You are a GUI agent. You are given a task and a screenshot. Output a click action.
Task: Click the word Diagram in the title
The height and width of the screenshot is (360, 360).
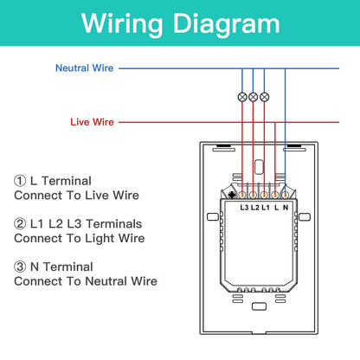(x=226, y=24)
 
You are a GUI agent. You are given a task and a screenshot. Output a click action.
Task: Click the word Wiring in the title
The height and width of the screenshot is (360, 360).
(x=122, y=24)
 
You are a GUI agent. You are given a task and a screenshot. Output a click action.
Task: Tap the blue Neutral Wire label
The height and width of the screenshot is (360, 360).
(x=84, y=68)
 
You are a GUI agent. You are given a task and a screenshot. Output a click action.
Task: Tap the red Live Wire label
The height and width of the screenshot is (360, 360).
(x=92, y=122)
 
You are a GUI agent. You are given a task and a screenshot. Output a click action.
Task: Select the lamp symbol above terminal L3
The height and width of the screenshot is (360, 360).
(x=242, y=97)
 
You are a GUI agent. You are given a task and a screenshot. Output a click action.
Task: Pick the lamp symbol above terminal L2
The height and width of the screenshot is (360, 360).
(x=253, y=97)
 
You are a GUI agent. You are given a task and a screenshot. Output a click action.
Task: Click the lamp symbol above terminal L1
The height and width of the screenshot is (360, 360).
(x=264, y=97)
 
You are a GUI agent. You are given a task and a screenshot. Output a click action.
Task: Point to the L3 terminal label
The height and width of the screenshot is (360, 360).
(x=244, y=208)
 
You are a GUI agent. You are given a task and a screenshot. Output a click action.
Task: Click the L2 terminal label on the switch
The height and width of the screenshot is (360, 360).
(x=255, y=208)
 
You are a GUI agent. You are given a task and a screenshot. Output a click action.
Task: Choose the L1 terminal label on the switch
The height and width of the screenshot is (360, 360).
(x=266, y=208)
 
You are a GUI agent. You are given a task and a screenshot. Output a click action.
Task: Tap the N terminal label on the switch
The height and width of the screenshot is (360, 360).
(x=286, y=208)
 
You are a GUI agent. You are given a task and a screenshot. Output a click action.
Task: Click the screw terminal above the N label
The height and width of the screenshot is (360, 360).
(x=285, y=196)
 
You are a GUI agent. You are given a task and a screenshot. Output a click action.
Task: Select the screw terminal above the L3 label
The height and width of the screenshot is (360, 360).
(x=242, y=196)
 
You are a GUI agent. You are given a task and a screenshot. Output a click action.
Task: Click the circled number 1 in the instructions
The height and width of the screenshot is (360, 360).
(x=20, y=181)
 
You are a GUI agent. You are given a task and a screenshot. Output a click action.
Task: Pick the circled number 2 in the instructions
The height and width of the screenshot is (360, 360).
(x=20, y=224)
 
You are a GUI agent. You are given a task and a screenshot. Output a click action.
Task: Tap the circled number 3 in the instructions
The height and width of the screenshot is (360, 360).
(x=20, y=267)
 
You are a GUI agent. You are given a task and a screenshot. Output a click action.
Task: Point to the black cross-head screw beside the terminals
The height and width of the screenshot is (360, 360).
(x=232, y=195)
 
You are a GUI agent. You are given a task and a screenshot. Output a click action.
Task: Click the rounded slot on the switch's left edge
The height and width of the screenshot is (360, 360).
(x=213, y=216)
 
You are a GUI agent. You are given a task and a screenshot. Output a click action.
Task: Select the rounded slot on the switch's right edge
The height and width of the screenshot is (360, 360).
(x=305, y=216)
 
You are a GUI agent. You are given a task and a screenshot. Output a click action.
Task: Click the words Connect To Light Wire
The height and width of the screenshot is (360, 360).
(x=80, y=239)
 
